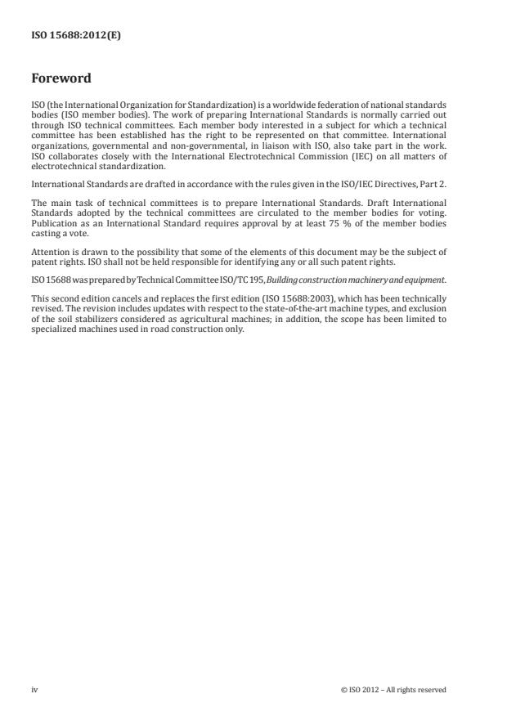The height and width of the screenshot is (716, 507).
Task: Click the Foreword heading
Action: pyautogui.click(x=61, y=79)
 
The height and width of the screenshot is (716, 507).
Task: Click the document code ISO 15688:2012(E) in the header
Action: pyautogui.click(x=75, y=35)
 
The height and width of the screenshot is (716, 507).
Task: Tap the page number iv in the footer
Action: pyautogui.click(x=34, y=689)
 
